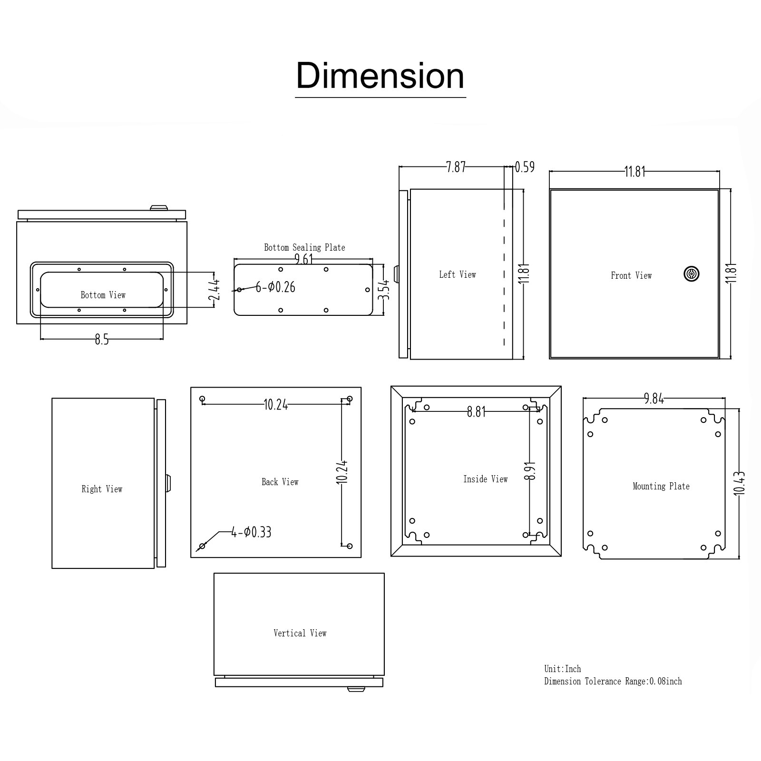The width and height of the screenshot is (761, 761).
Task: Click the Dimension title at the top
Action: (380, 76)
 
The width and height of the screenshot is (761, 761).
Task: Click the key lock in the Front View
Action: (691, 273)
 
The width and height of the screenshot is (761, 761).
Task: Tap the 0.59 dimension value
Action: (525, 167)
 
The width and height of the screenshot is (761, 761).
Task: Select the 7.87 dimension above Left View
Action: (456, 167)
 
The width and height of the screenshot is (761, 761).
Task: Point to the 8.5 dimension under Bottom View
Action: (102, 339)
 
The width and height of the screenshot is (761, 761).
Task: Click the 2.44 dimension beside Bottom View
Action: (215, 290)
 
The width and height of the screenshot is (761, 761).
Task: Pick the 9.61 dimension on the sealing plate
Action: (304, 259)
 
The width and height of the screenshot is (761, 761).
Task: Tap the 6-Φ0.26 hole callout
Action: (275, 287)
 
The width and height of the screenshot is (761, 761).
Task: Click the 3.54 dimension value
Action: (384, 290)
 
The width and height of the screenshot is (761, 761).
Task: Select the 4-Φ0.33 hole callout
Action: (251, 532)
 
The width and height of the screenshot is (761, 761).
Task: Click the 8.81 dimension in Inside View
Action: (476, 412)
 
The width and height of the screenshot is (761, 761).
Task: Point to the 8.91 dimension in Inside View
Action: (531, 471)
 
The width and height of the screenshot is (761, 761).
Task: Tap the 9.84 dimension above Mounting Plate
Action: (654, 399)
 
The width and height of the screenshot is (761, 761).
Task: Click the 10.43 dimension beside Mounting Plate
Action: (740, 483)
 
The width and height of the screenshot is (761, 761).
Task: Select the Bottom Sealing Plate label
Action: (304, 247)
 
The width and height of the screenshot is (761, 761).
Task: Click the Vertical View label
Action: (300, 633)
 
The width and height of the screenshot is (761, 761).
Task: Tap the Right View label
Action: (102, 489)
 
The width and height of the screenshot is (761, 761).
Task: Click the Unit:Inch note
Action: (563, 669)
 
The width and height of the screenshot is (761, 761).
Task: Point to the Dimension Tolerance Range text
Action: (613, 681)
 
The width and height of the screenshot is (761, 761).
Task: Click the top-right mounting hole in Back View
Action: (350, 399)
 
